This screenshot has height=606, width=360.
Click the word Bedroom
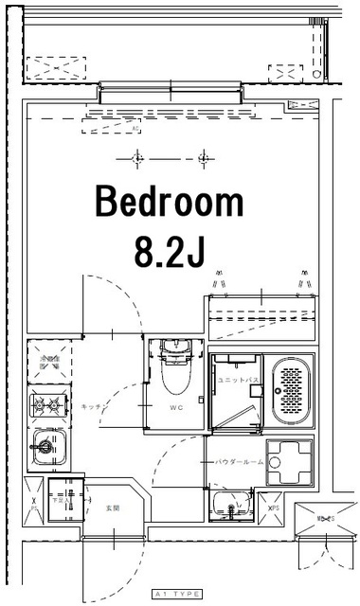point(169,203)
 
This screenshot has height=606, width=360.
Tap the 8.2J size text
point(171,252)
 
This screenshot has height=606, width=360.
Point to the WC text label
point(175,410)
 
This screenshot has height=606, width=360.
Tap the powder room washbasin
point(232,504)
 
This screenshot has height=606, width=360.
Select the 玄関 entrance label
point(111,508)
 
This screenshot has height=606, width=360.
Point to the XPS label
point(274,508)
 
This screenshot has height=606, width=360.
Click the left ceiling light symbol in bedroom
point(138,157)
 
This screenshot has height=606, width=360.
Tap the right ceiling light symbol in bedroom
point(202,157)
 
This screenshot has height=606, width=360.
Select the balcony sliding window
point(170,93)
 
